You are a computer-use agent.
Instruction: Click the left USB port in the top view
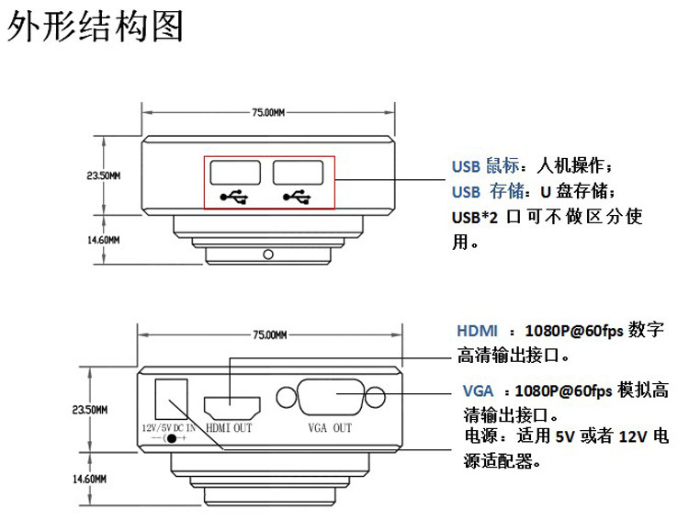click(x=235, y=173)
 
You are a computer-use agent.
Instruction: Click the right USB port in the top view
click(x=298, y=173)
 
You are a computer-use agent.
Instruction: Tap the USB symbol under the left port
click(x=234, y=197)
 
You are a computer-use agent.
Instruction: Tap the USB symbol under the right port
click(x=297, y=197)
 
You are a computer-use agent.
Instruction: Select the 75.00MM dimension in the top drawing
click(x=268, y=112)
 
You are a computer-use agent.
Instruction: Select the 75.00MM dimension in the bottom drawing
click(x=270, y=335)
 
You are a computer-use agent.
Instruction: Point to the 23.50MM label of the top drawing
click(x=104, y=175)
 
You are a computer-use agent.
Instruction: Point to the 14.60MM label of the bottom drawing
click(x=90, y=479)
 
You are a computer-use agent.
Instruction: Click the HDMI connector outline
click(x=232, y=408)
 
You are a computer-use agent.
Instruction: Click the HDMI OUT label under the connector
click(x=229, y=428)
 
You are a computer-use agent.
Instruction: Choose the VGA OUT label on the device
click(x=330, y=428)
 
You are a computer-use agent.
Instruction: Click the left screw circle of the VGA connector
click(x=287, y=397)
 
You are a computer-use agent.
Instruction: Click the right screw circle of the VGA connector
click(x=375, y=397)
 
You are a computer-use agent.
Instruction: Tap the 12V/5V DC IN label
click(x=169, y=428)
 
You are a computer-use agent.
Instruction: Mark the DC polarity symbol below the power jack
click(x=169, y=438)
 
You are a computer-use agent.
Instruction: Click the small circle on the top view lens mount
click(x=268, y=255)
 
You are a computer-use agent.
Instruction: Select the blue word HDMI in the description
click(x=477, y=331)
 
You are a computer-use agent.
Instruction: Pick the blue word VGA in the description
click(x=478, y=391)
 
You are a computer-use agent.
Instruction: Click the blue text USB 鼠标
click(x=486, y=165)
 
